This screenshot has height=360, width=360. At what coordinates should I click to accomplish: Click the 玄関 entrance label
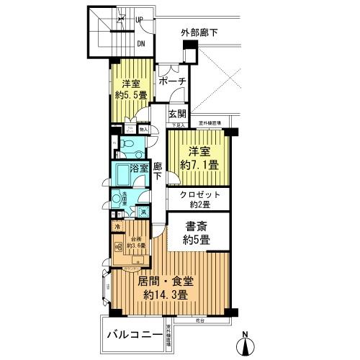coord(177,114)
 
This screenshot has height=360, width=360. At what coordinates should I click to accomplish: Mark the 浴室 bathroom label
coord(140,168)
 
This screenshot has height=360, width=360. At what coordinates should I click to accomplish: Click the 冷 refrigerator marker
coord(117,227)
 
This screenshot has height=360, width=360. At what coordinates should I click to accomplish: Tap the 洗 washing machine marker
coord(143,212)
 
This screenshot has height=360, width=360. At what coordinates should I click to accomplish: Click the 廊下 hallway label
coord(157,179)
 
